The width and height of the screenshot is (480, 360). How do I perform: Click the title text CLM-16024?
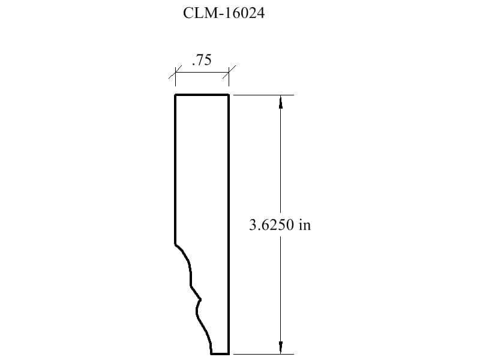click(x=223, y=13)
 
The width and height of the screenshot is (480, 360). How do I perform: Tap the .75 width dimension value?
click(x=202, y=60)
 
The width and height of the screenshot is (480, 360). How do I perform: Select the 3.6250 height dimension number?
click(x=272, y=225)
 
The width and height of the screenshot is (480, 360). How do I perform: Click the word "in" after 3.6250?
click(x=305, y=225)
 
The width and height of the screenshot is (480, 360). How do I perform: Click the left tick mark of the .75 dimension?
click(x=175, y=72)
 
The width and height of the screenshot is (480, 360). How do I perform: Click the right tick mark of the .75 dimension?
click(x=229, y=72)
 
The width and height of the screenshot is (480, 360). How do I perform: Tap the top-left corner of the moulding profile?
click(x=175, y=95)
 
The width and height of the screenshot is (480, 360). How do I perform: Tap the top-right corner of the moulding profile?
click(x=229, y=95)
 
